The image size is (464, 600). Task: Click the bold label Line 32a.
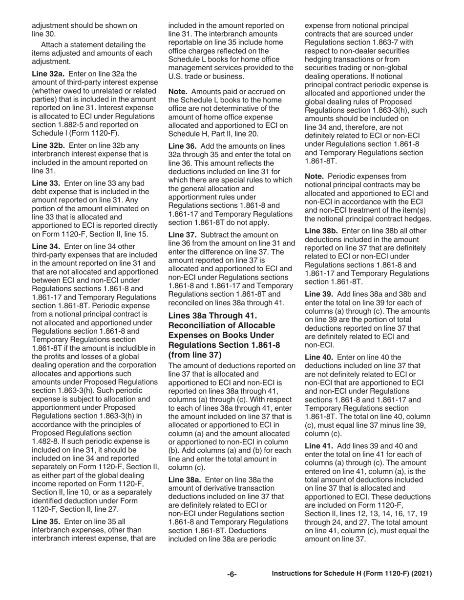[46, 74]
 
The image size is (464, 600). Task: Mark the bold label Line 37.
[181, 235]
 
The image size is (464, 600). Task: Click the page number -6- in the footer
[232, 574]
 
